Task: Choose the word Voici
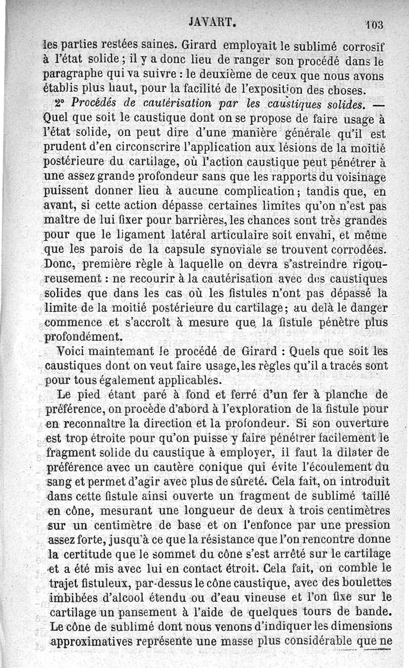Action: (75, 352)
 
